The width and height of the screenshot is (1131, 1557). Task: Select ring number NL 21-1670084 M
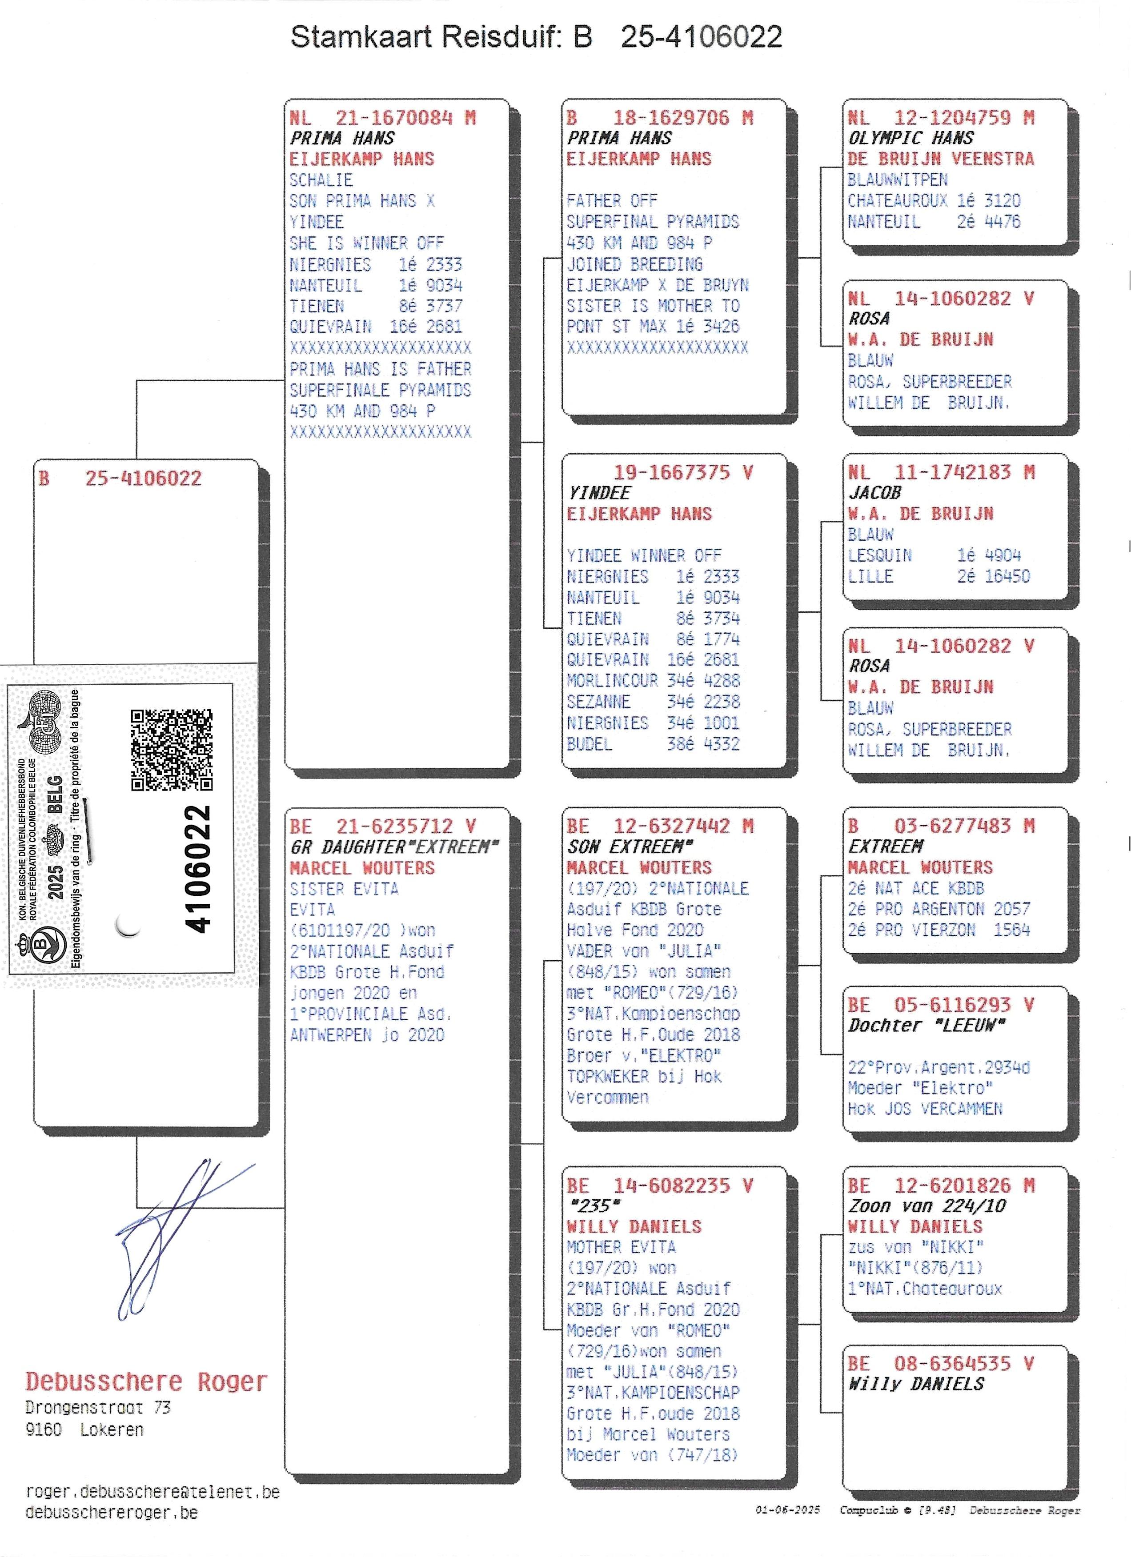tap(382, 118)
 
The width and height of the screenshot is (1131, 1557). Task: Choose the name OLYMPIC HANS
tap(910, 138)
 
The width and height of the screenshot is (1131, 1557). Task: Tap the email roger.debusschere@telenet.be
tap(152, 1492)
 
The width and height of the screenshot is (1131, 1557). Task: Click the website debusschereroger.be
tap(111, 1513)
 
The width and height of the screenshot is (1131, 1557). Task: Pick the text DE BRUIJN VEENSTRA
tap(941, 159)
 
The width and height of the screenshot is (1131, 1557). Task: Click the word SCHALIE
tap(321, 180)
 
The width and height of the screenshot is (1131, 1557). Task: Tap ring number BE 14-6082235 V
tap(660, 1186)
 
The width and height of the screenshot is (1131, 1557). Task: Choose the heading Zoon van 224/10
tap(926, 1206)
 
